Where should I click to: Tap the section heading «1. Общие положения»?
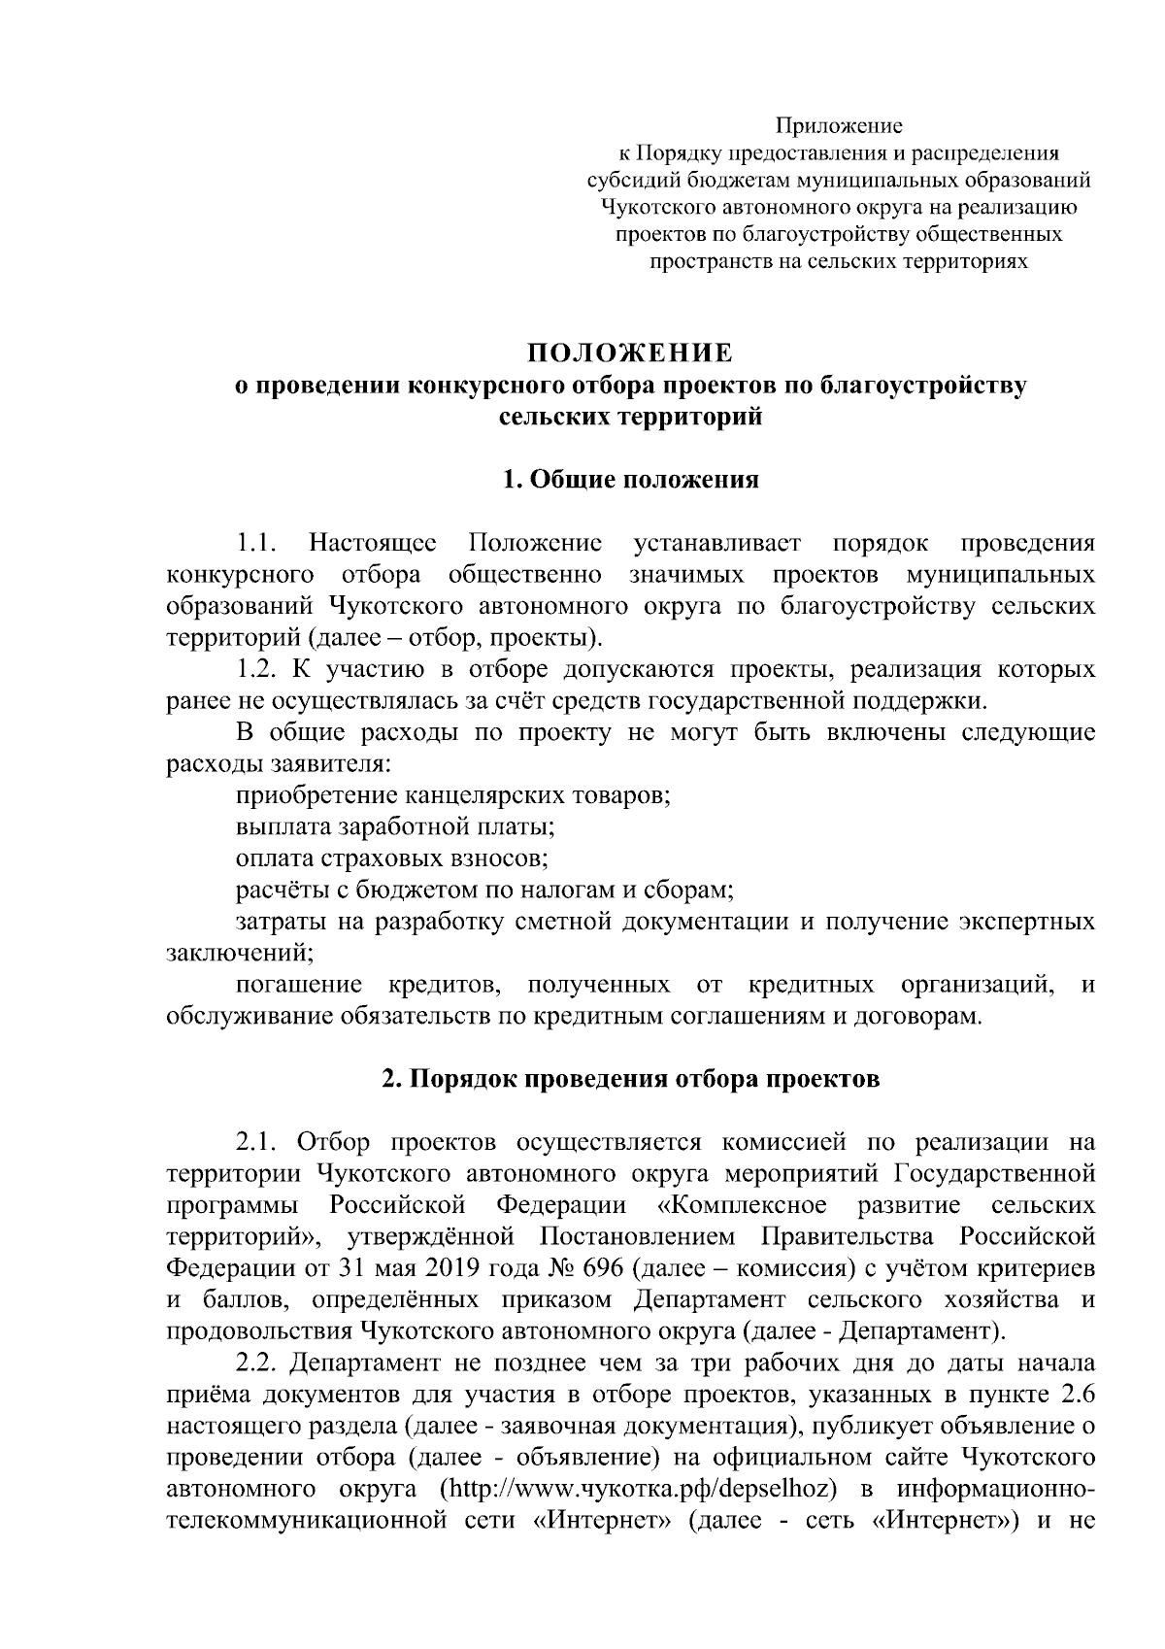630,480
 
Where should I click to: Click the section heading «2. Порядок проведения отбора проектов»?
630,1079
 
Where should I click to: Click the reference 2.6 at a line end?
1079,1397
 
